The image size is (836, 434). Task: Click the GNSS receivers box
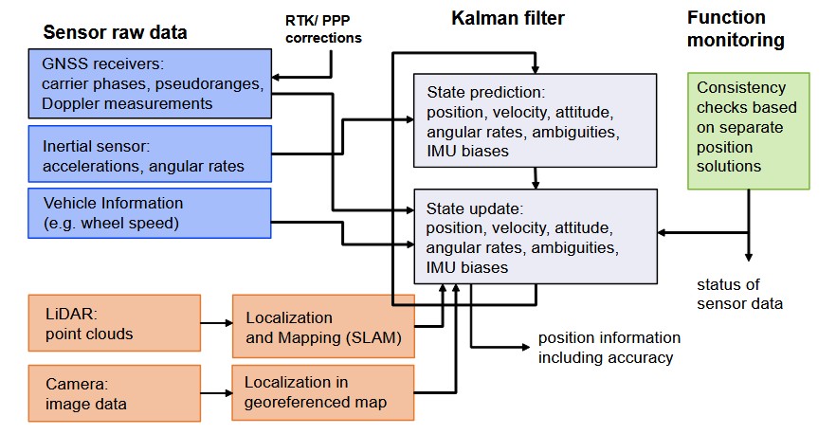point(150,83)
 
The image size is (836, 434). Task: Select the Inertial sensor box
point(150,154)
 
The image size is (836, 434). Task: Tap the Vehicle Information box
point(150,212)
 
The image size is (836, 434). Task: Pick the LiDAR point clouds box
point(115,323)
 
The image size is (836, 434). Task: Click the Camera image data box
point(115,393)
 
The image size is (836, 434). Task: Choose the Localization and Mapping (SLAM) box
point(323,326)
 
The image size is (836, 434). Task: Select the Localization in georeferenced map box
point(323,393)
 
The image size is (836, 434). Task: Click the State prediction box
point(535,120)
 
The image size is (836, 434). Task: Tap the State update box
point(536,236)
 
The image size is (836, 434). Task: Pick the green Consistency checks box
point(749,131)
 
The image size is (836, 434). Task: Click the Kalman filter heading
point(508,18)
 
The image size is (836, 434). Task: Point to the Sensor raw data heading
point(115,32)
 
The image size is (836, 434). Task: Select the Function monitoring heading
point(736,28)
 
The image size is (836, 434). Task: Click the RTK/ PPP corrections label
point(323,29)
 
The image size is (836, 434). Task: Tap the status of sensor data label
point(739,294)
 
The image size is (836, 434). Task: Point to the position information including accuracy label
point(609,348)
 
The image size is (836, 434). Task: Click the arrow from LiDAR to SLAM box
point(216,322)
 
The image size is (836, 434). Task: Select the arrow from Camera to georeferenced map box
point(216,393)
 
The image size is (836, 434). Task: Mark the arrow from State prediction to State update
point(536,178)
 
